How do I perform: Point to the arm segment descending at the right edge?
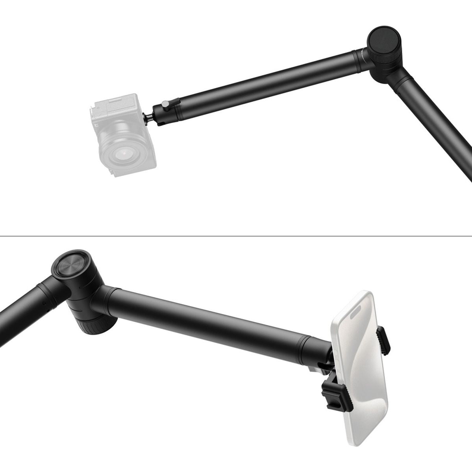[x=437, y=126]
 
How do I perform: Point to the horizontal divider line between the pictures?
[x=236, y=236]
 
